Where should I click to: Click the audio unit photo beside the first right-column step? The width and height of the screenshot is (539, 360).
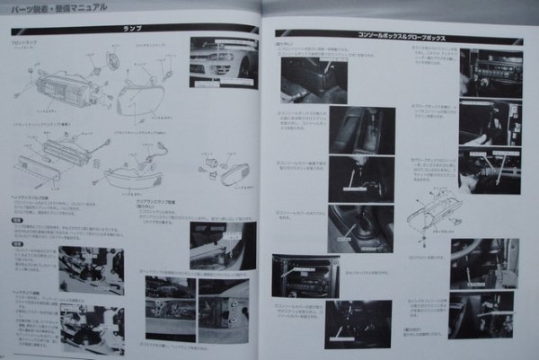(489, 73)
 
